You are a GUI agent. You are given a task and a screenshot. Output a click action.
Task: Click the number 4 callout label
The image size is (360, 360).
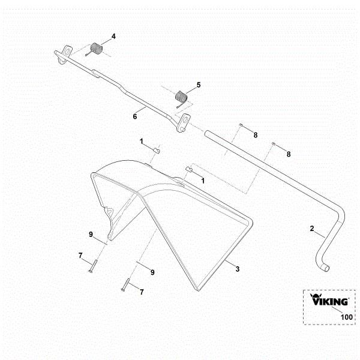pos(113,37)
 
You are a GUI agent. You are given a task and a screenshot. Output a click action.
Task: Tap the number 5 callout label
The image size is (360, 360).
pos(199,85)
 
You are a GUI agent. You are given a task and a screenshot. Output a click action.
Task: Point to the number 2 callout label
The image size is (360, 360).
pos(312,229)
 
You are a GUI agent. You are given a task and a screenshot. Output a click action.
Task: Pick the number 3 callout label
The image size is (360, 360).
pos(238,269)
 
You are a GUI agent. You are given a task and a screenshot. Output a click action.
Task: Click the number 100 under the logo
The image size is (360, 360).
pos(346,317)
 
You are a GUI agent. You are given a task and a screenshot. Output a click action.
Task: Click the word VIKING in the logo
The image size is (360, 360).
pos(329,302)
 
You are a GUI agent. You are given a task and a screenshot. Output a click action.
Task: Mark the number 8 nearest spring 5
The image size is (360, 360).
pos(255,136)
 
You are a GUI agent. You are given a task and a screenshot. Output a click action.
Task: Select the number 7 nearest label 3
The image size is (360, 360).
pos(142,292)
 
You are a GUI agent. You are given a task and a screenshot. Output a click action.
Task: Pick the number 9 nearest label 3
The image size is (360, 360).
pos(152,272)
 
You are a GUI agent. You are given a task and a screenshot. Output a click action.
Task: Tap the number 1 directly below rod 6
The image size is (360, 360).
pos(142,142)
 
